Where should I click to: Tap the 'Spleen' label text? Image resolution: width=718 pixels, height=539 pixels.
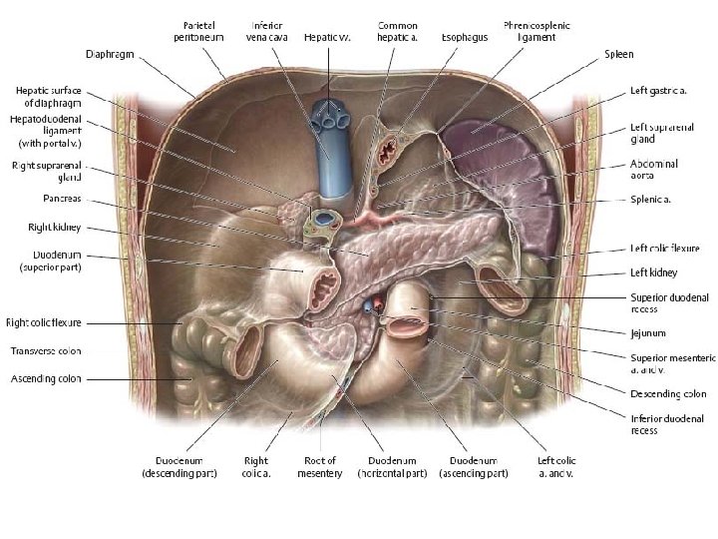click(x=618, y=54)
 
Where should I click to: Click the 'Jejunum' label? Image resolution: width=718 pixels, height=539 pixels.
click(x=647, y=333)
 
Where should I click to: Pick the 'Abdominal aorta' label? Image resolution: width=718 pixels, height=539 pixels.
click(x=653, y=169)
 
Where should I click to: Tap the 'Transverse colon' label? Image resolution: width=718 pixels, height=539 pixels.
click(x=45, y=351)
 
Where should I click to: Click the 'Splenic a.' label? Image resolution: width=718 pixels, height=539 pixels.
click(x=650, y=200)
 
